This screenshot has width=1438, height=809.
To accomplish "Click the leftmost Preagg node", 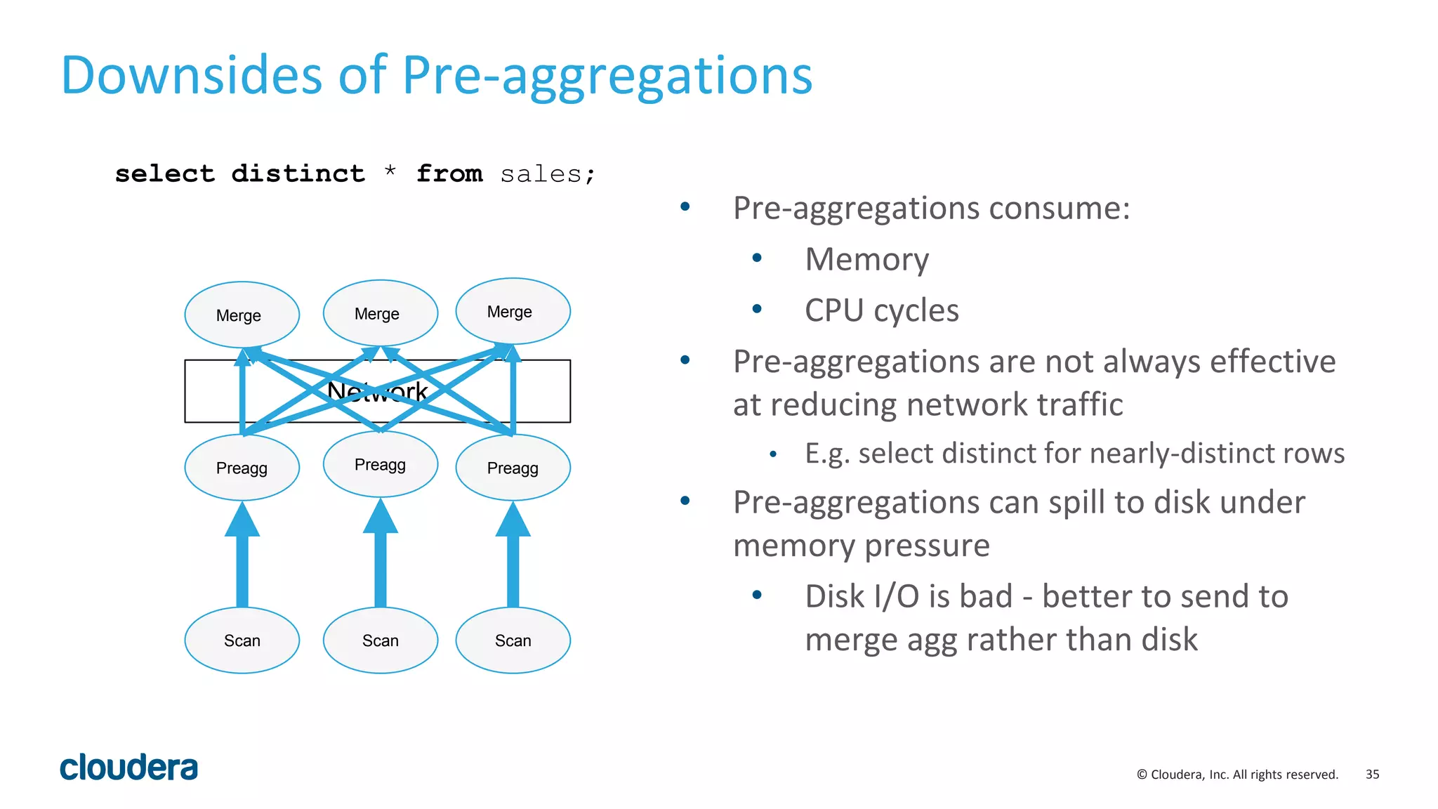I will pyautogui.click(x=242, y=468).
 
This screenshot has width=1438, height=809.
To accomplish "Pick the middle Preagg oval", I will pyautogui.click(x=380, y=464).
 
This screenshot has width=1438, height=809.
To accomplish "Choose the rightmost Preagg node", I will pyautogui.click(x=513, y=468).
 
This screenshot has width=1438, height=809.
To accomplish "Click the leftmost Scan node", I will pyautogui.click(x=242, y=640).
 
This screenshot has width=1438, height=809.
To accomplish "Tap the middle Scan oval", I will pyautogui.click(x=380, y=640).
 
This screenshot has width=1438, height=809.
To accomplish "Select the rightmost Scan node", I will pyautogui.click(x=513, y=640).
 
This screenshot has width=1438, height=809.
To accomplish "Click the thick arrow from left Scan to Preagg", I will pyautogui.click(x=242, y=562).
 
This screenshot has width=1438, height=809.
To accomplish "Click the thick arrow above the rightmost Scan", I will pyautogui.click(x=513, y=562).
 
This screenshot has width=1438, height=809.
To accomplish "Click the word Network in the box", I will pyautogui.click(x=378, y=392).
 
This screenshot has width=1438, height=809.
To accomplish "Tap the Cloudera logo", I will pyautogui.click(x=128, y=768).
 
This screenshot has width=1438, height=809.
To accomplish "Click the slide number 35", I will pyautogui.click(x=1372, y=774).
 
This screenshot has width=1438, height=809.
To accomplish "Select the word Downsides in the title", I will pyautogui.click(x=191, y=75).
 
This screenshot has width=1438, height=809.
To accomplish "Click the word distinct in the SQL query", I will pyautogui.click(x=298, y=173).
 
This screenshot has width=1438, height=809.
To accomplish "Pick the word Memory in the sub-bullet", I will pyautogui.click(x=866, y=259).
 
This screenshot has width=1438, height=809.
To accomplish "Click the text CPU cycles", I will pyautogui.click(x=881, y=310).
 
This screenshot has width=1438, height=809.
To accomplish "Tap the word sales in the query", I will pyautogui.click(x=541, y=173).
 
